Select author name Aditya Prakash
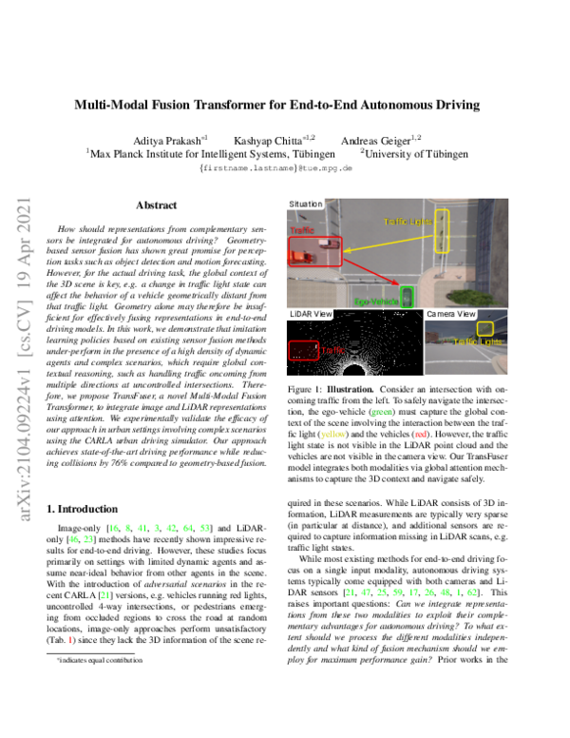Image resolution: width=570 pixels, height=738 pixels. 175,140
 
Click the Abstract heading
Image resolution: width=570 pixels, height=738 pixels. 156,204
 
